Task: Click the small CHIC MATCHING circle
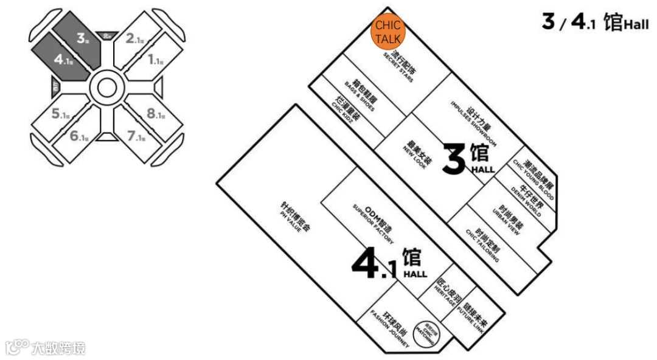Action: point(424,334)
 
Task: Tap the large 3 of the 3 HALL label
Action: point(453,160)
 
